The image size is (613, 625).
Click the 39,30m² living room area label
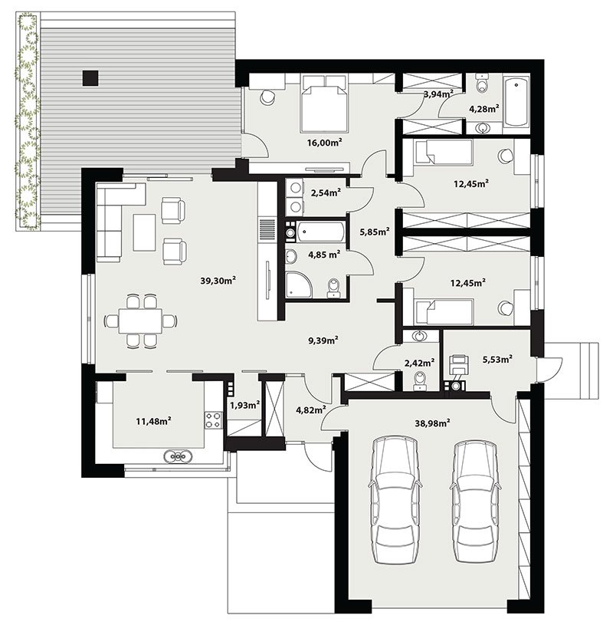(x=218, y=281)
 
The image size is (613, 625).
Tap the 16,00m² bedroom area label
(x=325, y=143)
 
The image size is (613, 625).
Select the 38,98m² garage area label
(x=433, y=423)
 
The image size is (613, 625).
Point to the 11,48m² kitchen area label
(x=154, y=420)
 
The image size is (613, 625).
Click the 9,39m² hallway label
(x=323, y=340)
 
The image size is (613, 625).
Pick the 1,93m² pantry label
(x=245, y=405)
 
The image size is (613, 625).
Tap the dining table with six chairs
(x=140, y=321)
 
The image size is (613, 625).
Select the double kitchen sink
(x=179, y=456)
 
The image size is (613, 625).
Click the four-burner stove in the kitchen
(x=214, y=420)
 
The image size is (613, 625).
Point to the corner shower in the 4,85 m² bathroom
(x=298, y=285)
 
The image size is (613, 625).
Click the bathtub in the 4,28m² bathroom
(x=516, y=102)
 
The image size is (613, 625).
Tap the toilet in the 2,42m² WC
(x=420, y=380)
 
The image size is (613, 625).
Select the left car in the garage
(x=395, y=500)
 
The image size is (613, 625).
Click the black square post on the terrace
(x=90, y=78)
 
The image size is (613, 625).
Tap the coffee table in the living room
(x=144, y=232)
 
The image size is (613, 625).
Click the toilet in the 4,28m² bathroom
(x=482, y=83)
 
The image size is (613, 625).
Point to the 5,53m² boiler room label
(x=497, y=359)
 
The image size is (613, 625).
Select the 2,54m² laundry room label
(x=326, y=193)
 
